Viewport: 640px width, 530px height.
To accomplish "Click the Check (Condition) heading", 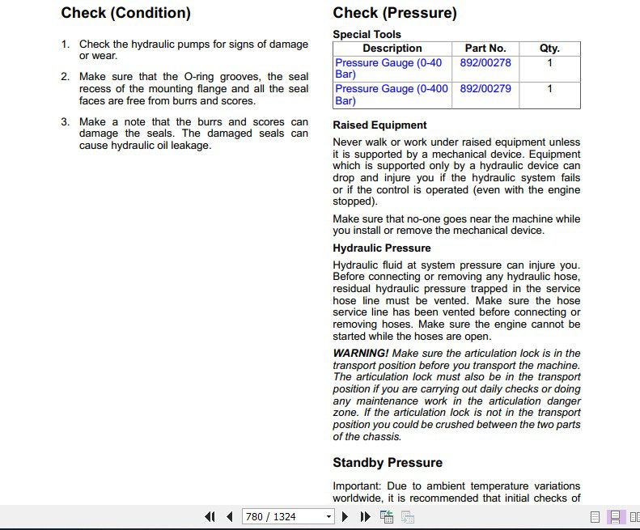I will tap(125, 13).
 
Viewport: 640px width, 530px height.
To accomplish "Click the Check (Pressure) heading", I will tap(395, 13).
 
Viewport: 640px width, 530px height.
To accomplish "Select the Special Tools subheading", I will tap(367, 35).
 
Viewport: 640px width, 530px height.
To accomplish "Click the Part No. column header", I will tap(485, 49).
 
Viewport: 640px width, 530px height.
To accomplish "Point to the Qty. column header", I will tap(549, 49).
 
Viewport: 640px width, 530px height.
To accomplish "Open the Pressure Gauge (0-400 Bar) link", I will tap(391, 95).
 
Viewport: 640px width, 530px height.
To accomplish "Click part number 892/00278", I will tap(485, 62).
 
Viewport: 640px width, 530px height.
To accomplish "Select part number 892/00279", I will tap(485, 89).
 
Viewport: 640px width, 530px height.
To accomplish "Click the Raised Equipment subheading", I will tap(379, 125).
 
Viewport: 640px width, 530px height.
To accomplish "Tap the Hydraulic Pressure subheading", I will tap(382, 248).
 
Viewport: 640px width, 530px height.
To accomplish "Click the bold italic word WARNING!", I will tap(361, 354).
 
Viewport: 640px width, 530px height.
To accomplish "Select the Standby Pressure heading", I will tap(388, 463).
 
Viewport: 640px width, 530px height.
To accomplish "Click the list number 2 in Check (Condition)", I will tap(66, 77).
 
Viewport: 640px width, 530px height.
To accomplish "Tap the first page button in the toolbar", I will tap(210, 516).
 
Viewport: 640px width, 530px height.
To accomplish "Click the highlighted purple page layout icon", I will tap(615, 516).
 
